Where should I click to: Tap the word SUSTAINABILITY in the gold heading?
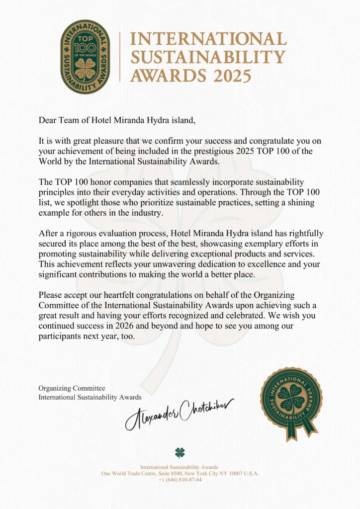(207, 57)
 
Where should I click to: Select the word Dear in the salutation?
(47, 120)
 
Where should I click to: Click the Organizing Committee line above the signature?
(72, 388)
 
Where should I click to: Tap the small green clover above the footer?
(180, 452)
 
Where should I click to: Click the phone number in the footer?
(180, 480)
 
